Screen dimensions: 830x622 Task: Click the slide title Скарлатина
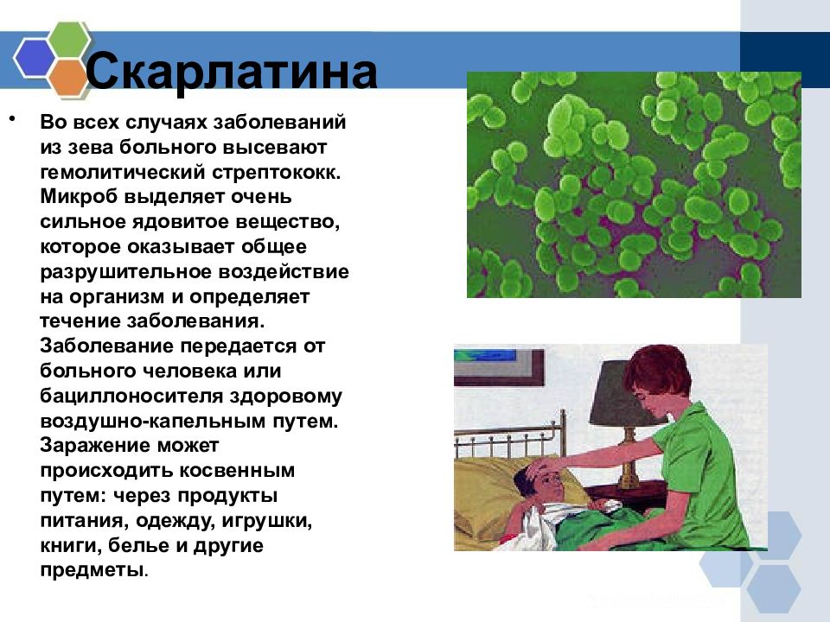[232, 72]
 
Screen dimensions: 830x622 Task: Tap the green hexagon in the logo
[68, 41]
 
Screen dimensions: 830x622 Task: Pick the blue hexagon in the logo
[35, 58]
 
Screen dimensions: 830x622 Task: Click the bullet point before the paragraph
[11, 119]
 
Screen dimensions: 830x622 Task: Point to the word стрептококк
[277, 173]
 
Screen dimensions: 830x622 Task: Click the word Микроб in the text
[79, 197]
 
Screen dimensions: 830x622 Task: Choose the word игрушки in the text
[267, 522]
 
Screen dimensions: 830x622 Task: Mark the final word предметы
[92, 571]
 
